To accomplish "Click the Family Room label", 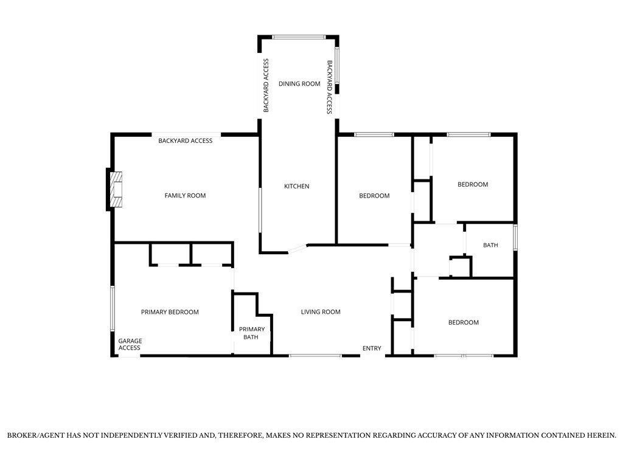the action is pos(185,195).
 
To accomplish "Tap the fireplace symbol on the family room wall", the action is pos(116,190).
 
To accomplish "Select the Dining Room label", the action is pos(299,84).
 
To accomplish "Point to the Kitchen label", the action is pos(296,186).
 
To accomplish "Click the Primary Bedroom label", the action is pos(170,312).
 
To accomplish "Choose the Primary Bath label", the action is pos(251,333).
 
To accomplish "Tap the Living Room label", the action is pos(321,312).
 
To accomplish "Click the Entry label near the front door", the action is pos(372,348).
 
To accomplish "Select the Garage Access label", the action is pos(130,344).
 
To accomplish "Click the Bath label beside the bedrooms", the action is pos(490,245).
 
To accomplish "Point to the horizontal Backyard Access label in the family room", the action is pos(185,140).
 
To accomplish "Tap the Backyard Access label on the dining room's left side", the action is pos(266,85).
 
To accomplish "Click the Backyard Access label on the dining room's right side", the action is pos(329,87).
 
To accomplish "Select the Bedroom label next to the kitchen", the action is pos(374,196).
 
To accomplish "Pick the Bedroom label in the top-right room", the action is pos(473,184).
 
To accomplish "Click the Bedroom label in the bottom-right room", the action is pos(463,322).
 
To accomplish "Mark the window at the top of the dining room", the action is pos(299,37).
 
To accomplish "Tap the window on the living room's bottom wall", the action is pos(315,355).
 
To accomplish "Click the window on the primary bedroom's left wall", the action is pos(113,308).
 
